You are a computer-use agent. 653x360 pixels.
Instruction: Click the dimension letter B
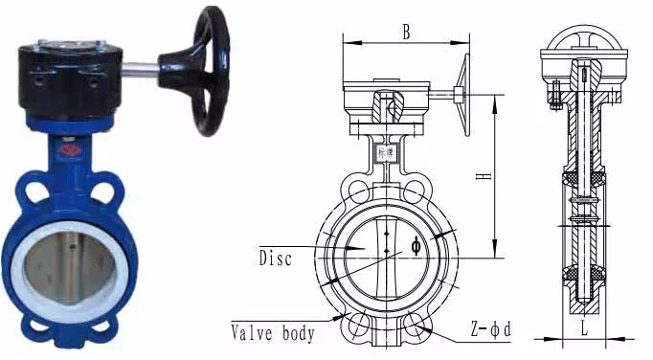[x=406, y=33]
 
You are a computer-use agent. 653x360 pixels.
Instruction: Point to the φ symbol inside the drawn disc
[x=416, y=245]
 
